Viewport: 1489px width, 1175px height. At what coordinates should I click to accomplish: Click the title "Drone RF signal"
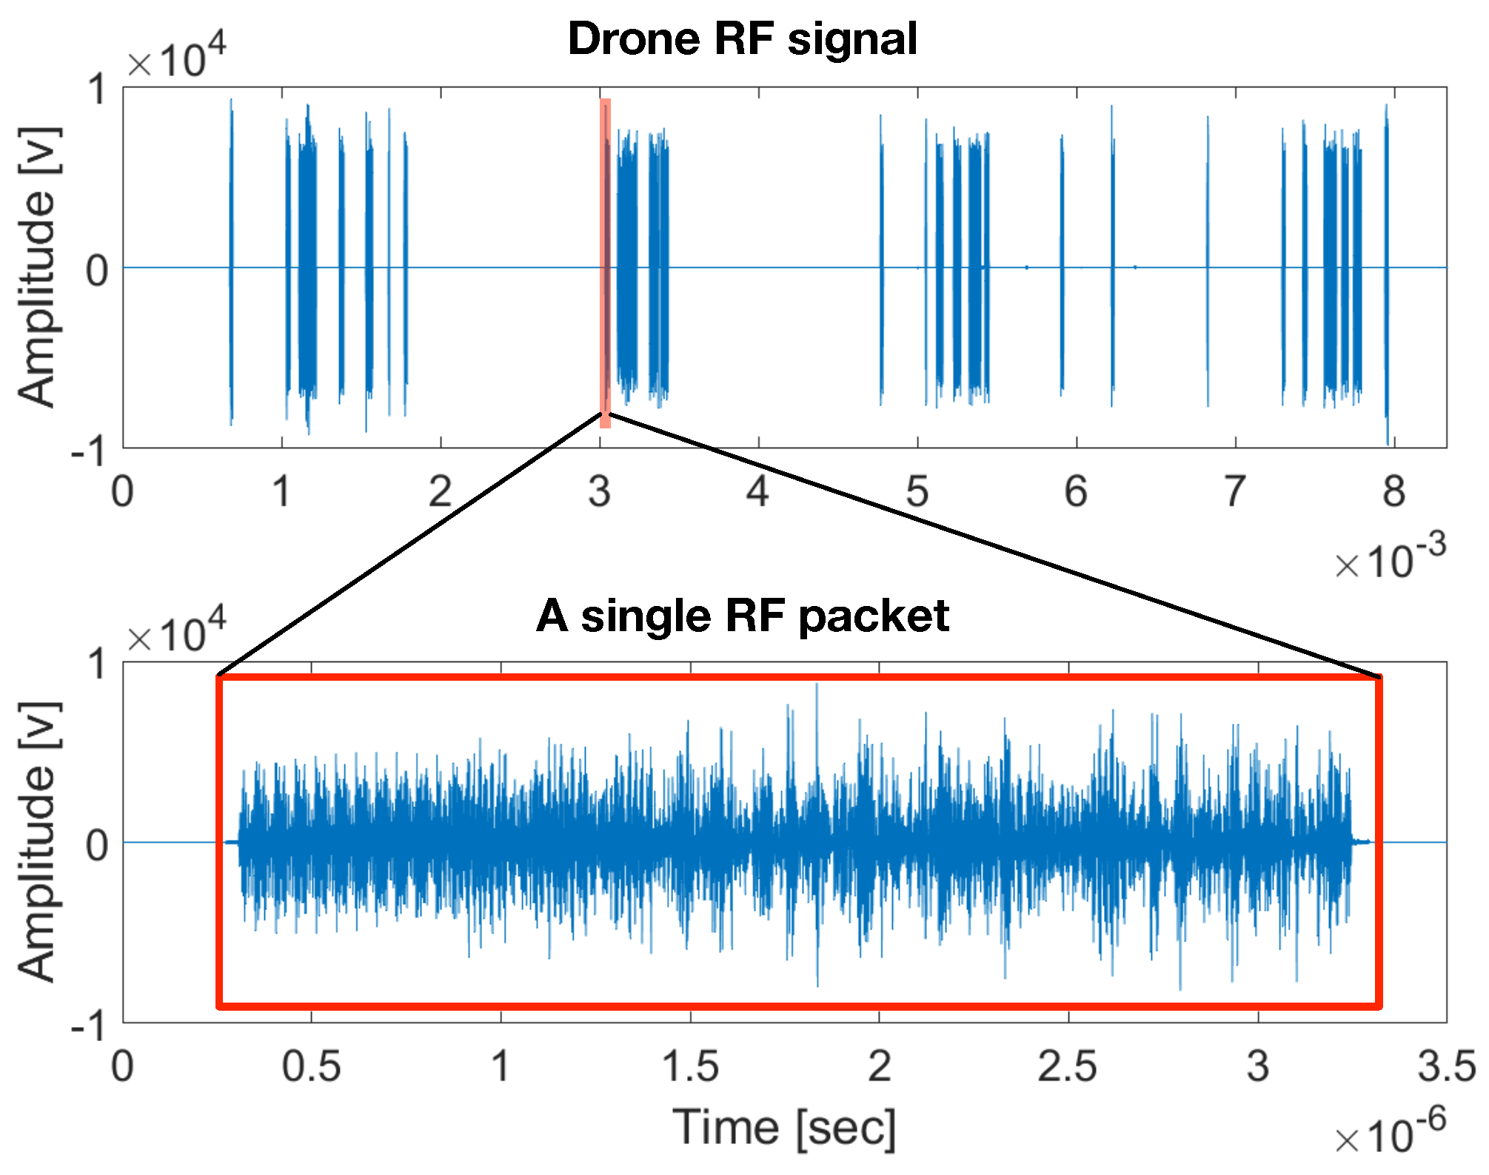coord(742,38)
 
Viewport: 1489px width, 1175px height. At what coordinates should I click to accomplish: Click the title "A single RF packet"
coord(742,616)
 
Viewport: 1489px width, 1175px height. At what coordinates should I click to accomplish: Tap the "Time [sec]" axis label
coord(784,1128)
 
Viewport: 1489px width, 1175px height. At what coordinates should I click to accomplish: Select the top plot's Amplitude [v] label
coord(37,267)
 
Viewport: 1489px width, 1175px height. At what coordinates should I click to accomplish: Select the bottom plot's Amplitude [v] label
coord(37,842)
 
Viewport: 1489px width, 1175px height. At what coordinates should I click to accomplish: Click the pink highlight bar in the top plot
coord(605,263)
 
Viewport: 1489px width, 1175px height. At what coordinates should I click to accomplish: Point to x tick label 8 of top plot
coord(1393,491)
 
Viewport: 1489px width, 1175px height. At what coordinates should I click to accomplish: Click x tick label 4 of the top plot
coord(757,491)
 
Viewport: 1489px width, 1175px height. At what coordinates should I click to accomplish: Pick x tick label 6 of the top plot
coord(1076,491)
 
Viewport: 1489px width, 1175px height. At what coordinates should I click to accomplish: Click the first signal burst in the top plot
coord(231,263)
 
